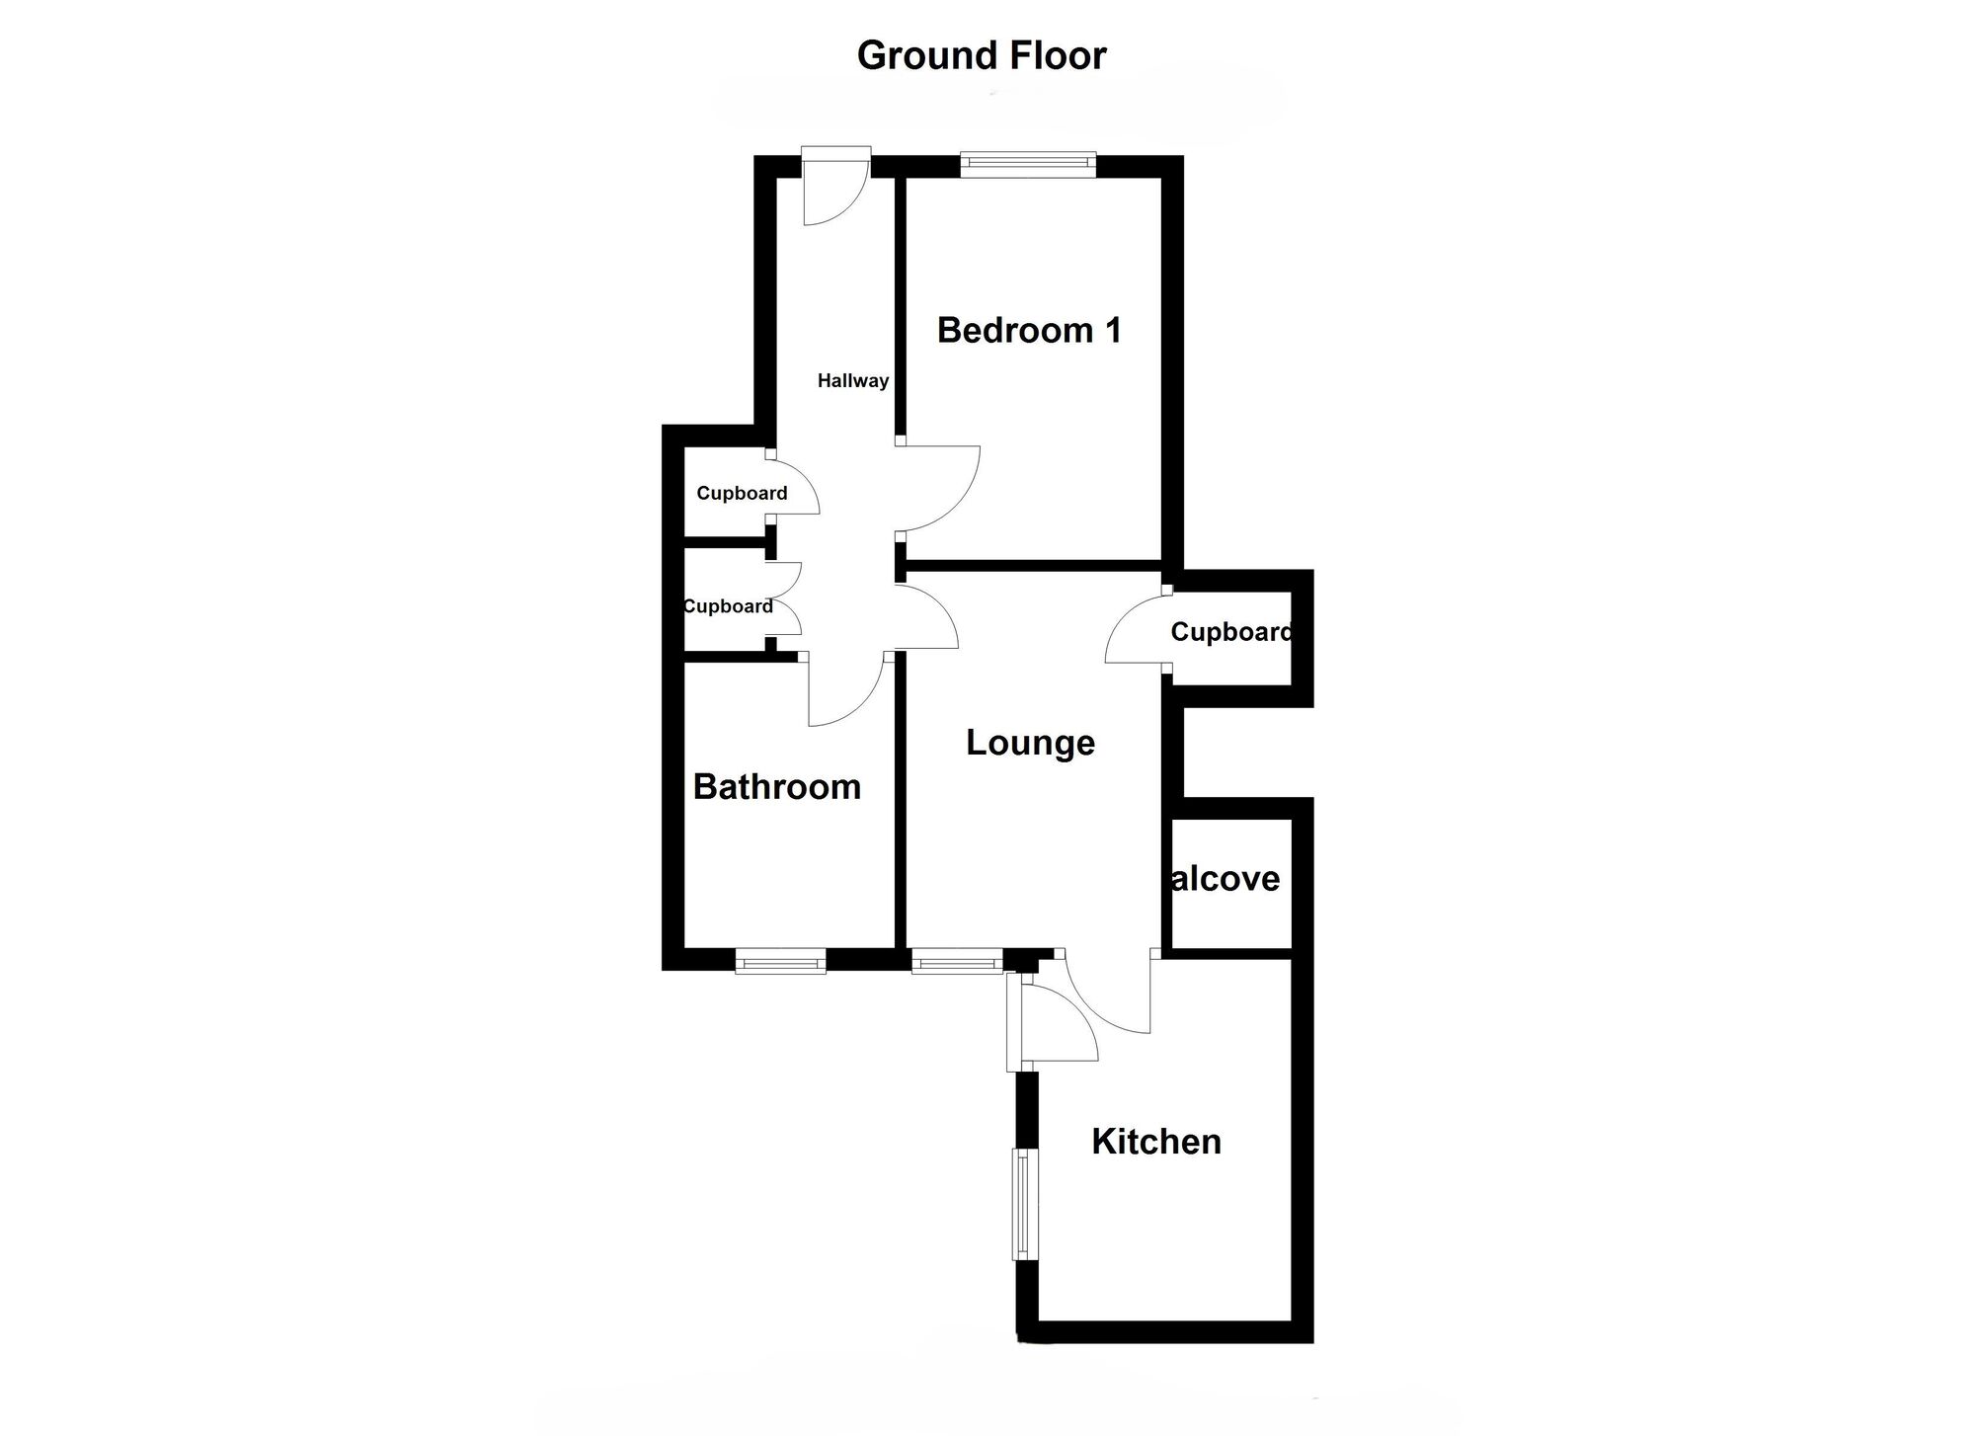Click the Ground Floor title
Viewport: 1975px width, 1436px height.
(982, 55)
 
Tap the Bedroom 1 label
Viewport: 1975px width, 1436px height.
(1029, 330)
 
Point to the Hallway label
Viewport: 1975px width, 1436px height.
(853, 380)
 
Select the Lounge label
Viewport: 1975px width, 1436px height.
(1030, 743)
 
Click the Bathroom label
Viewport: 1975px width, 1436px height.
(777, 787)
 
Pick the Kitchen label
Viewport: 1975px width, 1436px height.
(1156, 1142)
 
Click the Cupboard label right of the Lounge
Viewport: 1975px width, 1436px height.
(1231, 632)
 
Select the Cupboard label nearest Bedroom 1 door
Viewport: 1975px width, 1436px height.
(742, 493)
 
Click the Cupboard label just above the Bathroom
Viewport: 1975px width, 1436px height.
(729, 606)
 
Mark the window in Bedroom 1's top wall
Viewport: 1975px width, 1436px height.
(1028, 164)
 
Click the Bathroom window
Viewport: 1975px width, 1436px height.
(780, 961)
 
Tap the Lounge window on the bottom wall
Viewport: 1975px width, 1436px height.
(956, 961)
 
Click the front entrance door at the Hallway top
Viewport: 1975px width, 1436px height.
(834, 188)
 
